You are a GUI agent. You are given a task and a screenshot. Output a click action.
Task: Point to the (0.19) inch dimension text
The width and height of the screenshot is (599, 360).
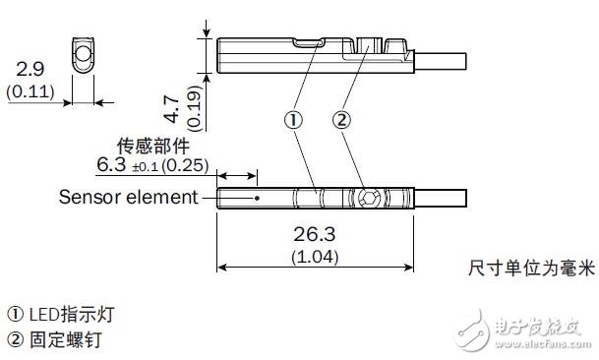(x=193, y=105)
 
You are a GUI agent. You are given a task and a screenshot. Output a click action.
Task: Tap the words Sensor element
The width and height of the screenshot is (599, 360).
(x=128, y=196)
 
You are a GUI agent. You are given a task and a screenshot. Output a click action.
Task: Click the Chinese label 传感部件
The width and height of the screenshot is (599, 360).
(x=150, y=143)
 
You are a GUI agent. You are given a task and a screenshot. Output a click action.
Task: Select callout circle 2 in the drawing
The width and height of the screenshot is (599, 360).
(x=341, y=120)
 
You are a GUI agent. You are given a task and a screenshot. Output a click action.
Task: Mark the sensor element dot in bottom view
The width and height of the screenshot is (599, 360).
(x=256, y=198)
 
